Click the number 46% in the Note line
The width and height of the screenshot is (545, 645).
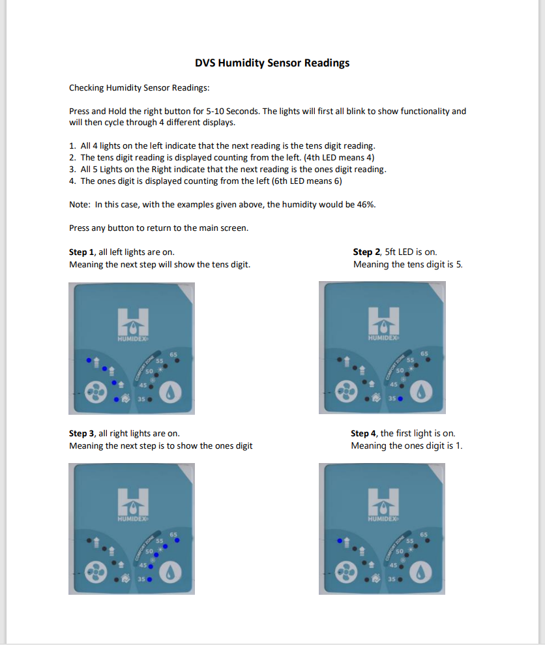(365, 204)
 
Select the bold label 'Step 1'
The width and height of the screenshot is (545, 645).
(82, 252)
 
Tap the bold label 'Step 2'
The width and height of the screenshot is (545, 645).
(366, 252)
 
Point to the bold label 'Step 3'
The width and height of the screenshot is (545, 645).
(82, 433)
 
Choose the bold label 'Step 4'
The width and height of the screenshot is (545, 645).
(364, 433)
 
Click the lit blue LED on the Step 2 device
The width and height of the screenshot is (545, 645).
(400, 398)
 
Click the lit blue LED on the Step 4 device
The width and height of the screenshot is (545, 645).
(338, 541)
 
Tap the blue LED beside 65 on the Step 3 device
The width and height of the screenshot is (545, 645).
(177, 540)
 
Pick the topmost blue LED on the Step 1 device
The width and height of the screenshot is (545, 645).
(89, 359)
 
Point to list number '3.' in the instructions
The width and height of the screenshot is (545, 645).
(72, 169)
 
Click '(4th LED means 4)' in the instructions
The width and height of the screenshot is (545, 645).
(339, 157)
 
